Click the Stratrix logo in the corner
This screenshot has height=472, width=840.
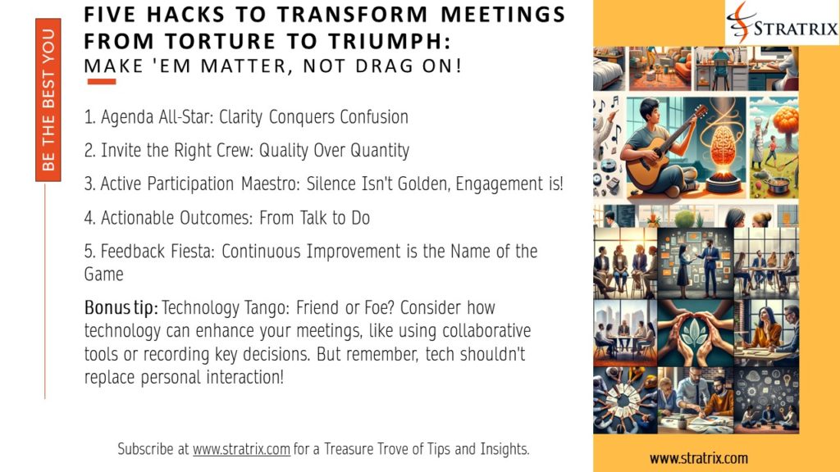782,22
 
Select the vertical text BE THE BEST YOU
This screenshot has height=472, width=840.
48,100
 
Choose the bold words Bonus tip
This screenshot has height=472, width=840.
121,308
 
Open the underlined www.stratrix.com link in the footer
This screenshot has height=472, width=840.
241,449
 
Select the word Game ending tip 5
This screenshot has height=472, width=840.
104,274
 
